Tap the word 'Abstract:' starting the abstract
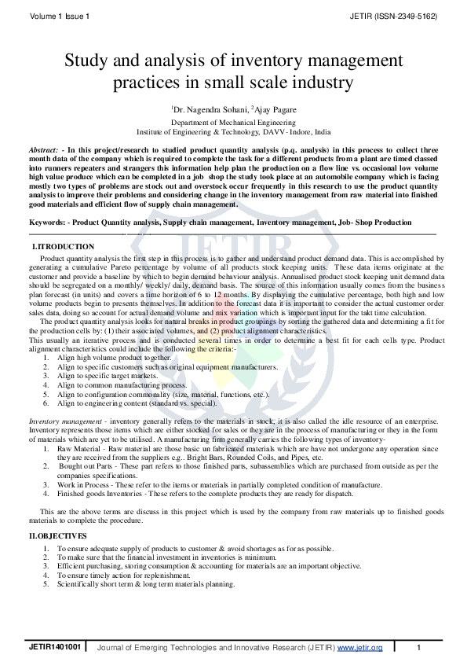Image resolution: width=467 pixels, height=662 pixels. point(45,149)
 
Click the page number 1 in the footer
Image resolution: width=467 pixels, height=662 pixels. point(419,647)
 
